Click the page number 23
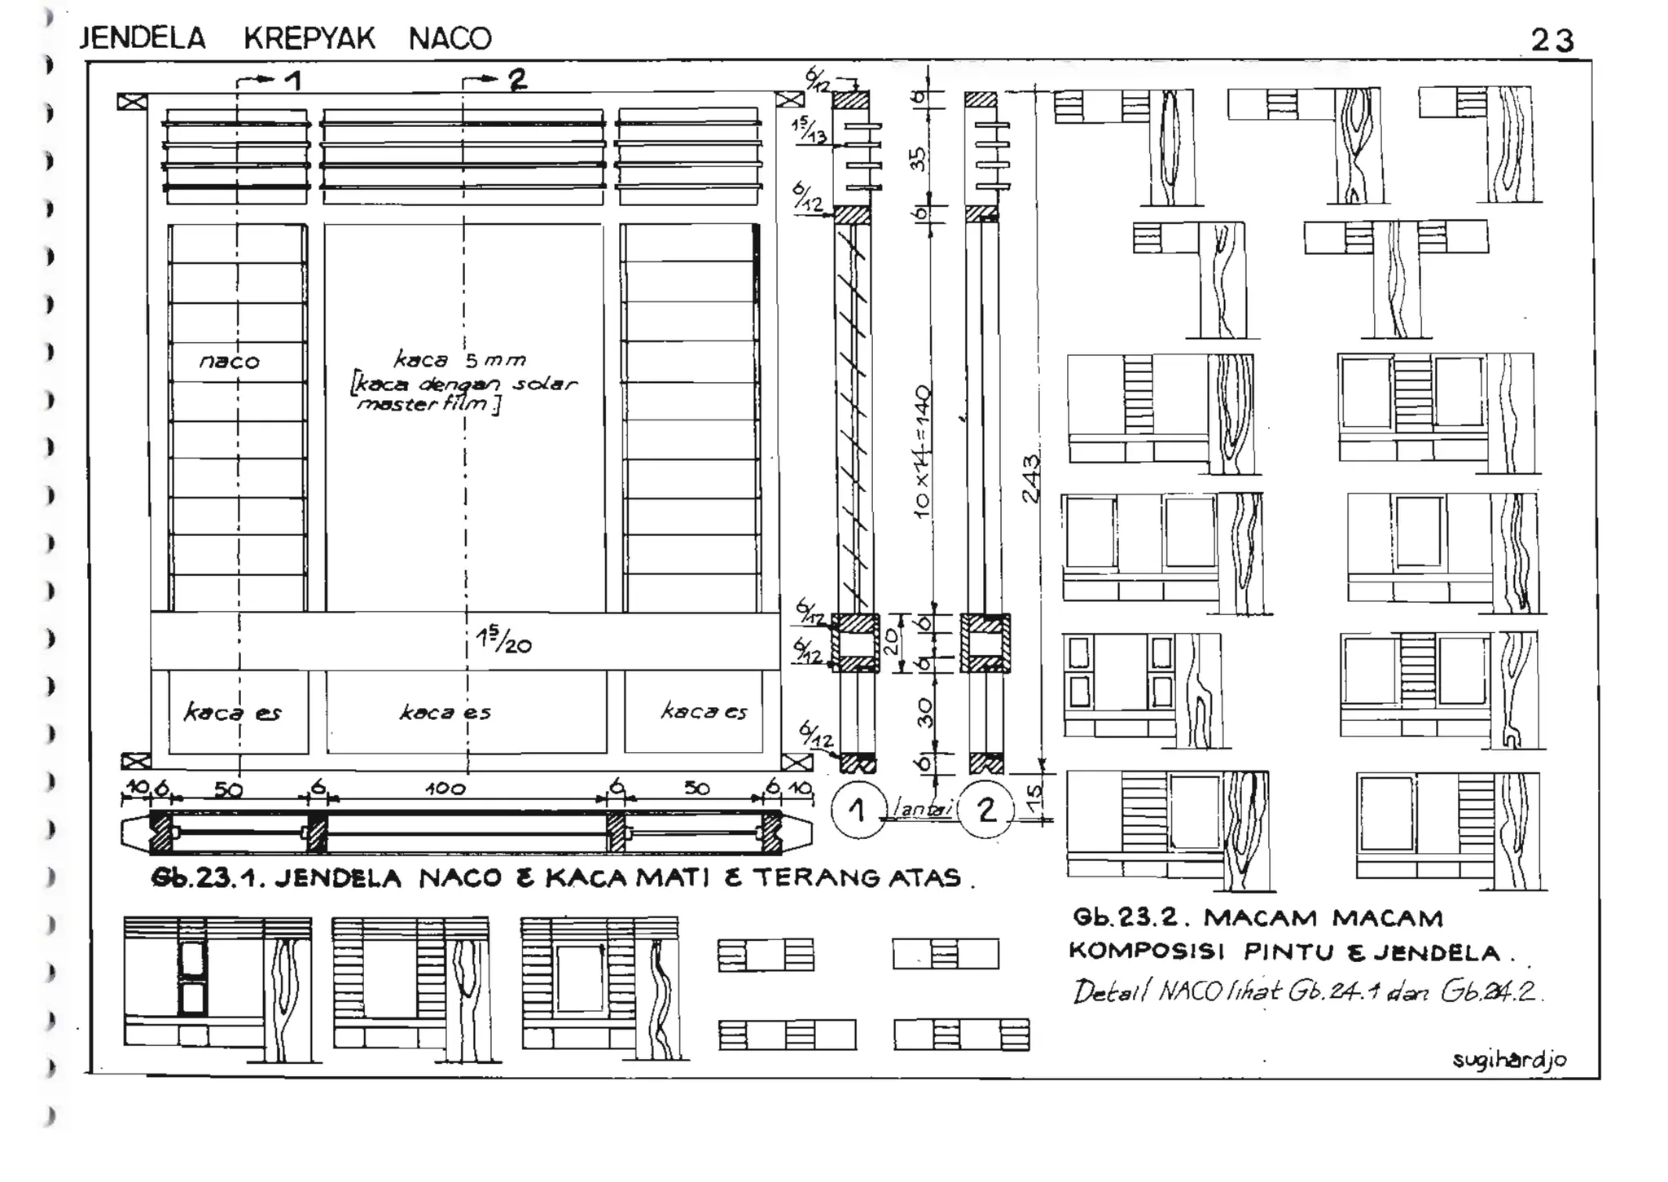pos(1552,40)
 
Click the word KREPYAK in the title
pos(309,38)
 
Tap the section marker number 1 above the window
pos(292,80)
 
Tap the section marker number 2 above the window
pos(517,79)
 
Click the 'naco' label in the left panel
pos(230,361)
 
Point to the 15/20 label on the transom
pos(504,643)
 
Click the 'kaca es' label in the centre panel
pos(445,713)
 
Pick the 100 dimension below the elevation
pos(445,788)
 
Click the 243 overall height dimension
pos(1031,478)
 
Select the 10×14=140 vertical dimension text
pos(923,452)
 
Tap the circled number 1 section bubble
pos(857,811)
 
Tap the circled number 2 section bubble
pos(986,811)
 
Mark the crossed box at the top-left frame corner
pos(132,102)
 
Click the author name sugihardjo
pos(1509,1059)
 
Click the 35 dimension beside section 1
pos(919,158)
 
